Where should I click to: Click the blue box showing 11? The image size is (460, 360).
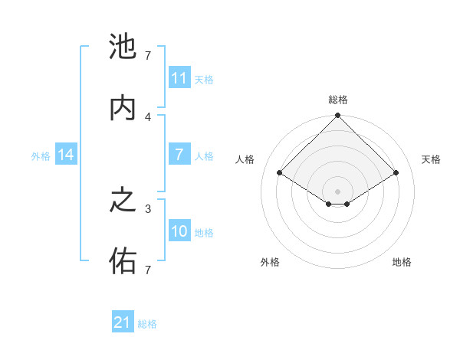[179, 78]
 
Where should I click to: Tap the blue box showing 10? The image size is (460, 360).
[179, 231]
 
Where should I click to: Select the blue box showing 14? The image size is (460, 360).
[66, 155]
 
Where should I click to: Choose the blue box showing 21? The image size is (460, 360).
[123, 322]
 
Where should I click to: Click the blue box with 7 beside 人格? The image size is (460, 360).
[179, 155]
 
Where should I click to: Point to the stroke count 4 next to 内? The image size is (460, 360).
[149, 116]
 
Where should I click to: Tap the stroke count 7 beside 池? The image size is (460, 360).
[148, 55]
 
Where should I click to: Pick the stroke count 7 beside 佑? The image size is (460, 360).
[148, 270]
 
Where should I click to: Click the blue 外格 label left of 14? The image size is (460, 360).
[41, 156]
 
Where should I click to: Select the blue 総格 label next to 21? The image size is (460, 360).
[147, 324]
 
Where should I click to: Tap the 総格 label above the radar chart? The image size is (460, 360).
[337, 100]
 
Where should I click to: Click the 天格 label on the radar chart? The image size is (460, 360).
[431, 159]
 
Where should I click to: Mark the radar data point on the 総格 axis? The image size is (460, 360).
[337, 116]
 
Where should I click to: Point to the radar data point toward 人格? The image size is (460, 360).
[280, 172]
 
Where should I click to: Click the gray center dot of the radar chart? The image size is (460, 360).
[337, 191]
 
